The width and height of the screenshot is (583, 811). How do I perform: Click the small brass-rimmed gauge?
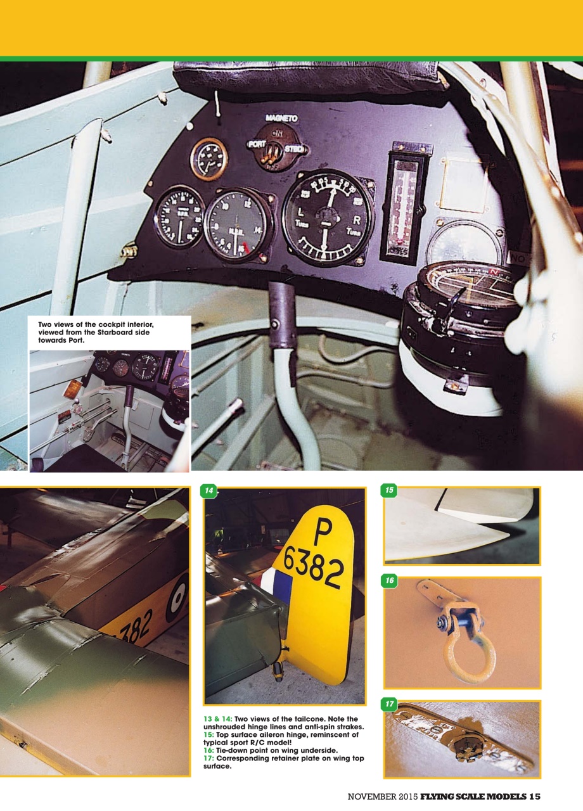(x=208, y=158)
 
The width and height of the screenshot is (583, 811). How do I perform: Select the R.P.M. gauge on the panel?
(x=180, y=217)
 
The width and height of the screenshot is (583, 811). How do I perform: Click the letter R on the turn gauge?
(x=357, y=220)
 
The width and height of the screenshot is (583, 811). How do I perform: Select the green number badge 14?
(x=208, y=490)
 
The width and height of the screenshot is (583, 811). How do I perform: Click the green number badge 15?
(x=390, y=490)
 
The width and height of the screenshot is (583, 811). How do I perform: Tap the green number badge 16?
(x=390, y=580)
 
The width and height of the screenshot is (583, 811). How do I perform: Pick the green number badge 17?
(x=390, y=704)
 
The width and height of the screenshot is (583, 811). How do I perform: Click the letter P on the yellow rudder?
(x=323, y=530)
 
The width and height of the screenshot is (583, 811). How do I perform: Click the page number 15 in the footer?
(x=533, y=796)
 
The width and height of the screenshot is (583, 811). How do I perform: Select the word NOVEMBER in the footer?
(x=370, y=796)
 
